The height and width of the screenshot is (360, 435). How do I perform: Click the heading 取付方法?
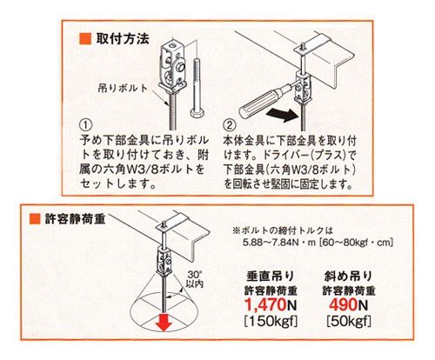[x=123, y=38]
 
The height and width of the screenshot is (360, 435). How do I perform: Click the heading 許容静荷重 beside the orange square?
[x=75, y=219]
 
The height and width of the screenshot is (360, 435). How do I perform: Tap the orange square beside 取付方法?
[x=85, y=38]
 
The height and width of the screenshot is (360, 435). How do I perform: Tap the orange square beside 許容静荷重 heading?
[x=35, y=219]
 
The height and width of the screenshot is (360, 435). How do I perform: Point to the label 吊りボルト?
[x=123, y=88]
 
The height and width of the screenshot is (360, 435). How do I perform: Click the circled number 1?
[x=86, y=125]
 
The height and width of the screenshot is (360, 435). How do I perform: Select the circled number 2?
[x=229, y=125]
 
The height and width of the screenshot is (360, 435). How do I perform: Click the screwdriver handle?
[x=262, y=102]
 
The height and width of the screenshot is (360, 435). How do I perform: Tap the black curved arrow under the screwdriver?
[x=282, y=115]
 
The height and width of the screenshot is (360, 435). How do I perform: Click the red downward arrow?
[x=164, y=321]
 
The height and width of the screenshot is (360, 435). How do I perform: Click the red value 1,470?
[x=265, y=304]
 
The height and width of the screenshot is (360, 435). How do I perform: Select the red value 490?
[x=344, y=304]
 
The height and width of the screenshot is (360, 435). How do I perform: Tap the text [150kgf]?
[x=271, y=321]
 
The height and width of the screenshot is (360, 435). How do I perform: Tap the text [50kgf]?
[x=349, y=321]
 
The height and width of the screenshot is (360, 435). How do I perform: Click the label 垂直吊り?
[x=271, y=277]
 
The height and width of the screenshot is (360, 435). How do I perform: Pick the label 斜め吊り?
[x=348, y=277]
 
